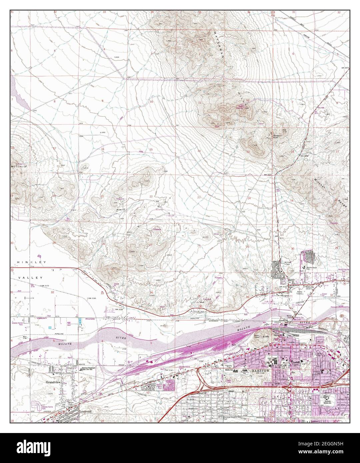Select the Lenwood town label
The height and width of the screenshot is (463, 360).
coord(85,412)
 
